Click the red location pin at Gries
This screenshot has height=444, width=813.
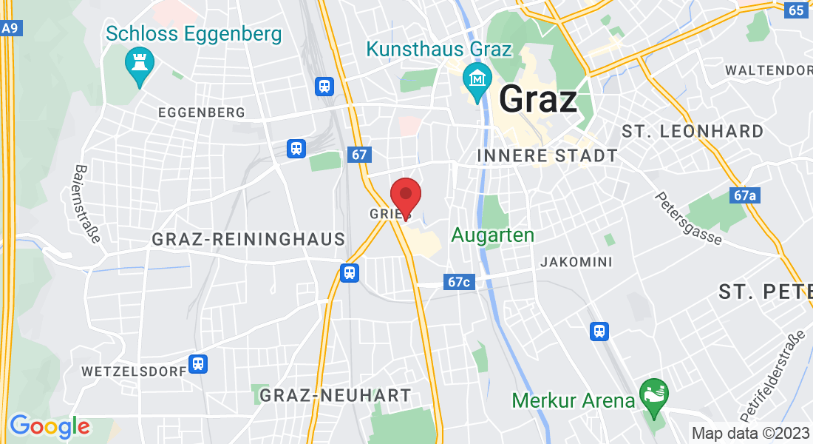[x=405, y=196]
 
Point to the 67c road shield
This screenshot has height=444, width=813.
[x=458, y=282]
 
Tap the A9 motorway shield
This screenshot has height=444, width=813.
[x=9, y=28]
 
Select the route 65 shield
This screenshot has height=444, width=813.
[x=795, y=10]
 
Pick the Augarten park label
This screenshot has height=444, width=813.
[x=492, y=235]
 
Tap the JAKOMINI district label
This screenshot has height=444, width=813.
[x=576, y=262]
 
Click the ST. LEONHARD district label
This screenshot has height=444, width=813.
[x=693, y=132]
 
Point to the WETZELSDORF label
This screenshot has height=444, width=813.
[x=134, y=370]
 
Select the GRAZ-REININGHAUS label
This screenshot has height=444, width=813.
[x=248, y=239]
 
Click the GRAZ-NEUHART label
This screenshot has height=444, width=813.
[x=334, y=396]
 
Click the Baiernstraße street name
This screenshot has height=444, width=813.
[x=86, y=203]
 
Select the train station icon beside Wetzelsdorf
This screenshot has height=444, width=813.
[x=197, y=364]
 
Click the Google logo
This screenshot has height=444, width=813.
[x=50, y=426]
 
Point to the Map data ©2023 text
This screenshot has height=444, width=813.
[x=749, y=433]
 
